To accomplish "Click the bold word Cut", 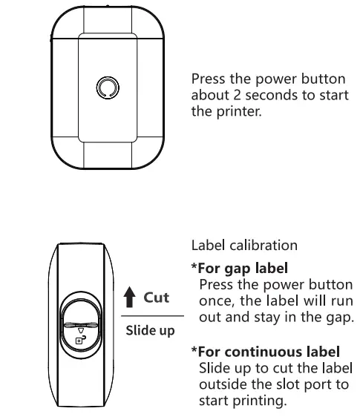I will tap(157, 298).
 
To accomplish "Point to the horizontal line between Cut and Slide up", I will tap(148, 315).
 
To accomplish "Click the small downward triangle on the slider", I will tap(82, 332).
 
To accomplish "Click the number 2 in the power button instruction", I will tap(231, 96).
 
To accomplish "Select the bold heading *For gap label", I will tap(240, 267).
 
